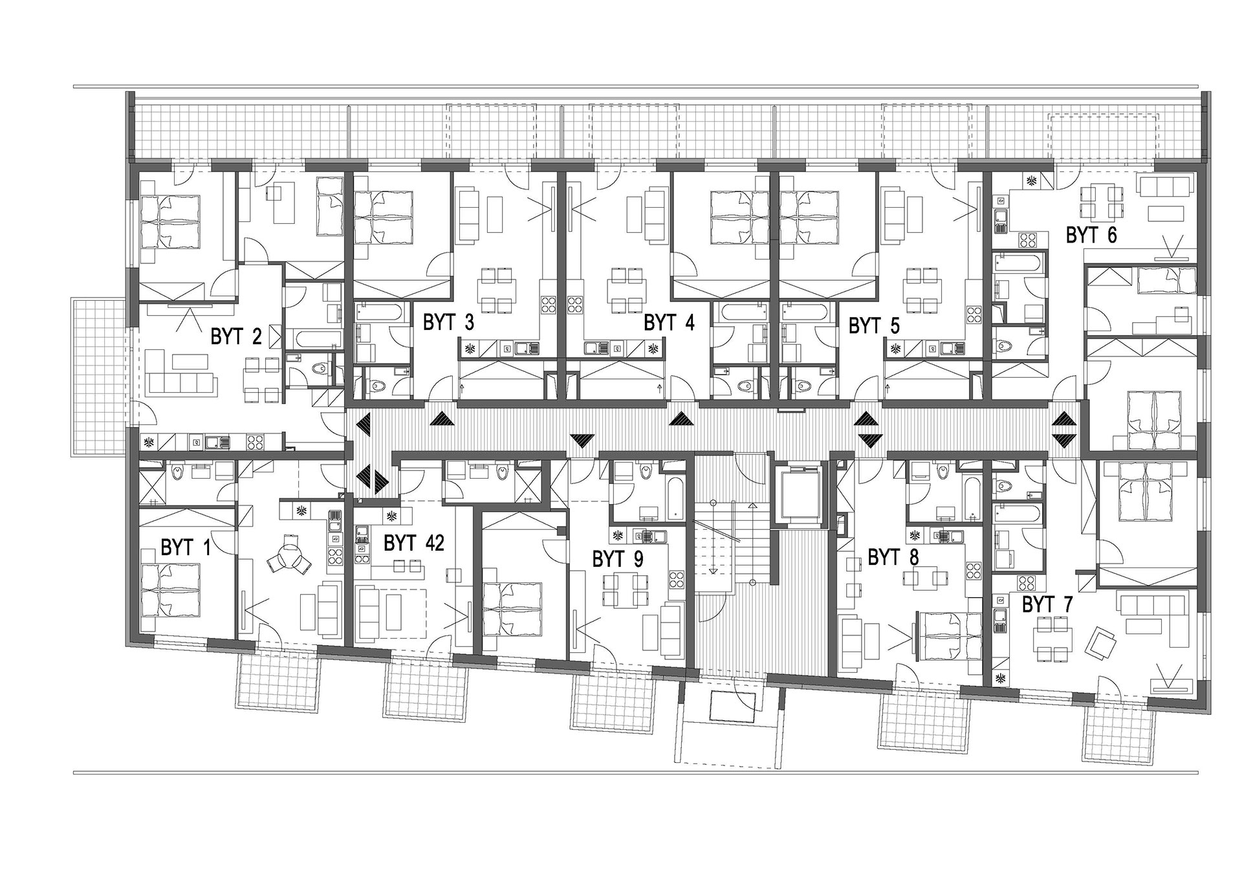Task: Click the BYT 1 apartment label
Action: coord(186,549)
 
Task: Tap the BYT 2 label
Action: coord(236,337)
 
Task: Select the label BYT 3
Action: coord(448,322)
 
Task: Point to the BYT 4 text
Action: coord(669,322)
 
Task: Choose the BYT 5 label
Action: coord(874,325)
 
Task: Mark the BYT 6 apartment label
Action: coord(1091,235)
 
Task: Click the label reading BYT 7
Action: coord(1047,605)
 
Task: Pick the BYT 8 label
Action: coord(893,557)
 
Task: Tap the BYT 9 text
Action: coord(618,559)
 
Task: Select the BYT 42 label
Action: coord(414,543)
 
